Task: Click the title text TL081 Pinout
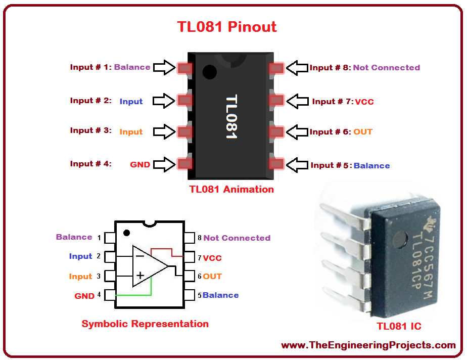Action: (x=227, y=27)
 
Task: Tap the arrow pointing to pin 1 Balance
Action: (x=164, y=67)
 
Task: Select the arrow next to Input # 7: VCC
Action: (x=297, y=101)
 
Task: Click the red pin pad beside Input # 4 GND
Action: (x=185, y=164)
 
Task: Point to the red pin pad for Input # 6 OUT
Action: (x=276, y=132)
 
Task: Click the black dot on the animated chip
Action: (x=209, y=72)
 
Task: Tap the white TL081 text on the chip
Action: (x=231, y=116)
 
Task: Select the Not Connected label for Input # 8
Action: (x=387, y=68)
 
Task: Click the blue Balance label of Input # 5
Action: (x=371, y=166)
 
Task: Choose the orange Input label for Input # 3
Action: (x=131, y=132)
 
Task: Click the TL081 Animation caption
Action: (x=231, y=189)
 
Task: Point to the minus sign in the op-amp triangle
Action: (x=140, y=256)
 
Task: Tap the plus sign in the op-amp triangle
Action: (x=140, y=275)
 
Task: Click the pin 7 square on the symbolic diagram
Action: (x=189, y=257)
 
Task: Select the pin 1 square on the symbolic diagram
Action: (x=110, y=238)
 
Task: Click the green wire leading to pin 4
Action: (x=140, y=295)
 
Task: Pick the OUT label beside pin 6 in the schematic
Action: (x=212, y=277)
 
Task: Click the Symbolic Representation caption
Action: (x=145, y=324)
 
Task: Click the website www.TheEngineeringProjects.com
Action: (x=368, y=345)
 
